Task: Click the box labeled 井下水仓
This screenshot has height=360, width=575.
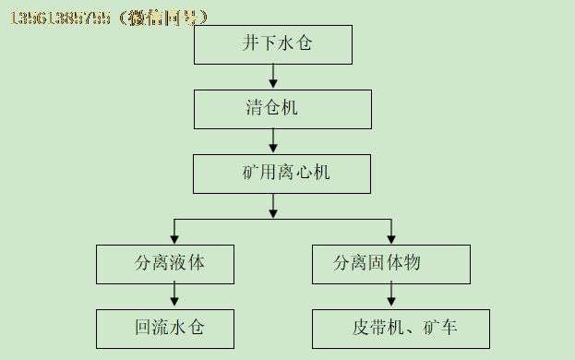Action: (x=273, y=43)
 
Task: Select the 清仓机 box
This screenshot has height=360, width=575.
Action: (x=282, y=108)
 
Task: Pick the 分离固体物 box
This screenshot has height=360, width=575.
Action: (x=390, y=263)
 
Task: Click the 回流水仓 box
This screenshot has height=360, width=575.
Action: (x=164, y=328)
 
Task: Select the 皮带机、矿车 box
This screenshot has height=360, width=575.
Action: (x=401, y=328)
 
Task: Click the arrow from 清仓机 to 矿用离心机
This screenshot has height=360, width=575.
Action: (x=273, y=140)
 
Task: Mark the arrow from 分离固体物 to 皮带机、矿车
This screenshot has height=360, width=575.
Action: (x=391, y=295)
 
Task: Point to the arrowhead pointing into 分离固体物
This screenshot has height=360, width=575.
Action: (x=391, y=239)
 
